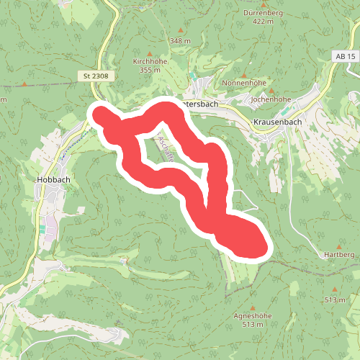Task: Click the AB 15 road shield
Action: [345, 56]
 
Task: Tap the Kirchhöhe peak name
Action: [150, 62]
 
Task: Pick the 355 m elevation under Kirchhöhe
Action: [150, 70]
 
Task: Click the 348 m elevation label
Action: [181, 41]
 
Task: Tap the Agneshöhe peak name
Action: [251, 315]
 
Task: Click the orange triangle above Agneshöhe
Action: [251, 305]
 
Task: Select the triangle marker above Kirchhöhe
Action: [150, 53]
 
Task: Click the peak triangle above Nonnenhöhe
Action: [247, 74]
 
